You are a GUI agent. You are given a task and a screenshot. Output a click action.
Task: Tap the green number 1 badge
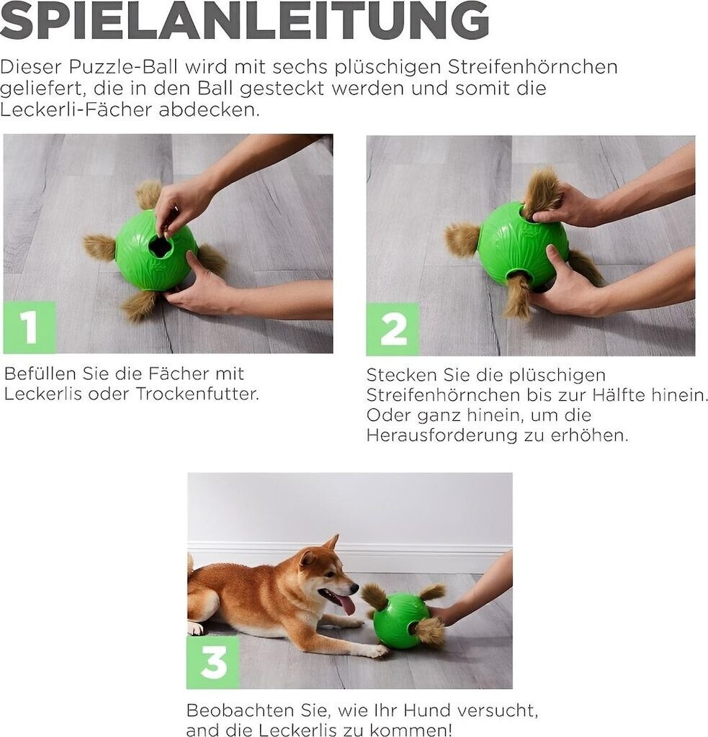point(29,327)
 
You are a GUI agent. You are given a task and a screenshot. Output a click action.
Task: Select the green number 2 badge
point(393,329)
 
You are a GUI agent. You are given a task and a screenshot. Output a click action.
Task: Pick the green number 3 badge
point(213,662)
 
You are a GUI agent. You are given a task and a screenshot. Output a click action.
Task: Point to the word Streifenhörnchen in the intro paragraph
point(532,67)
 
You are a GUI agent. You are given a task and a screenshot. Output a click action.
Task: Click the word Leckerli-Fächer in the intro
point(76,109)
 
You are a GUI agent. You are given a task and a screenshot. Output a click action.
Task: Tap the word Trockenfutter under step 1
point(197,394)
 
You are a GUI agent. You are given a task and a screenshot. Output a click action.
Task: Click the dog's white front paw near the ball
point(377,651)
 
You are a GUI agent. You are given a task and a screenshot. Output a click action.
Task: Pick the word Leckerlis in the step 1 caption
point(42,394)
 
